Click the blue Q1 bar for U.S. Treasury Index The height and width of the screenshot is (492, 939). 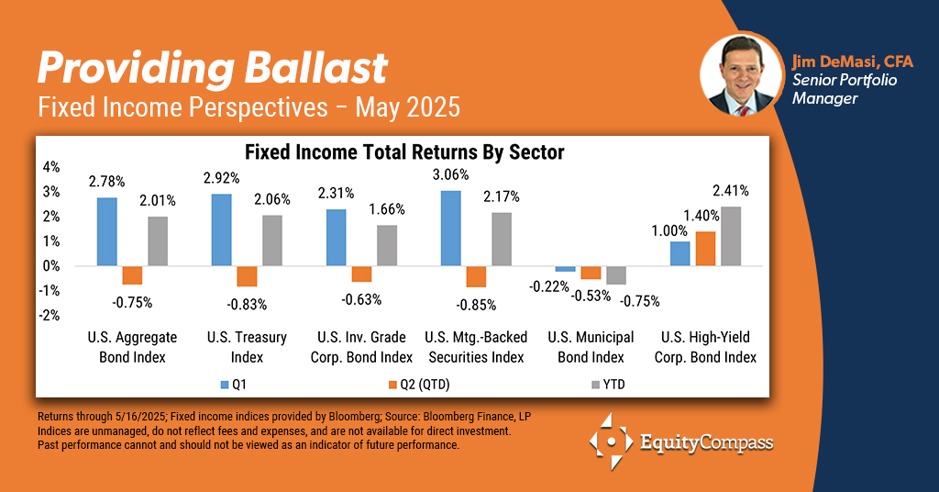coord(222,229)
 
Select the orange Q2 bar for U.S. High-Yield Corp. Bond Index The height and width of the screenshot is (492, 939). coord(705,248)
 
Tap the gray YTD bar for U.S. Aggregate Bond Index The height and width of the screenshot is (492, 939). coord(159,240)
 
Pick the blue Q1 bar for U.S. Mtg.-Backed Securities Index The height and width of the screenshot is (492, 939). coord(450,228)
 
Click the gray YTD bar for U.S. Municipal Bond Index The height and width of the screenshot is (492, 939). coord(615,274)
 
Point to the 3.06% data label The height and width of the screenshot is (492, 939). coord(450,174)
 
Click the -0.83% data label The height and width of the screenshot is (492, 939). coord(247,303)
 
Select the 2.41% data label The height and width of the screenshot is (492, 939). coord(730,191)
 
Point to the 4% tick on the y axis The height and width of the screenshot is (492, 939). coord(50,167)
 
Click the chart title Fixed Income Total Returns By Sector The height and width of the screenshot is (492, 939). coord(404,151)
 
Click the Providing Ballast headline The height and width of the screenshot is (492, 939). coord(212,69)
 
